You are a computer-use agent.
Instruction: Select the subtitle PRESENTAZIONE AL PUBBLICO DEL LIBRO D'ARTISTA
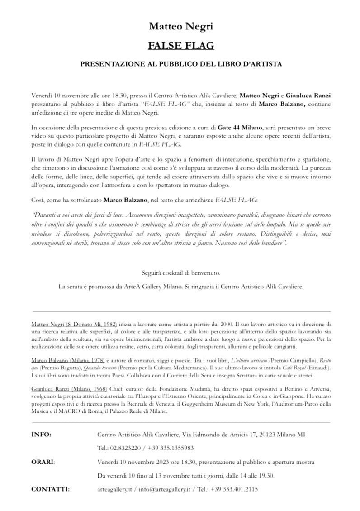181,64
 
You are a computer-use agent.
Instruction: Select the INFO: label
41,435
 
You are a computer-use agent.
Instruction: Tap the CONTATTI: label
50,489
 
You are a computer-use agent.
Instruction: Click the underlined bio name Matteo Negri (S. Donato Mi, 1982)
75,325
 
